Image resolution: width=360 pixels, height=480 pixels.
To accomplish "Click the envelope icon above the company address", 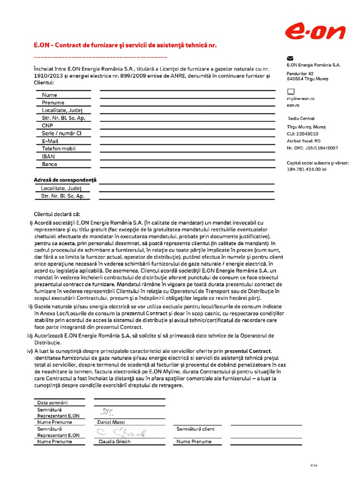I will click(x=290, y=58).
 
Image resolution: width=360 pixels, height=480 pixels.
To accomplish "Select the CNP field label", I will click(x=47, y=126).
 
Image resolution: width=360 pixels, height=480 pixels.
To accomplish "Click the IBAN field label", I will click(x=48, y=157).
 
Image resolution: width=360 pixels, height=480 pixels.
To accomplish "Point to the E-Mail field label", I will click(x=50, y=141).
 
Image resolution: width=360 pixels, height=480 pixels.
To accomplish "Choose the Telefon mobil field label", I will click(x=59, y=149).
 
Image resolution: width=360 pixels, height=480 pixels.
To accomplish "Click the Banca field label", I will click(x=49, y=164).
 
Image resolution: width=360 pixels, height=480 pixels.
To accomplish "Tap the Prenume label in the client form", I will click(x=53, y=103).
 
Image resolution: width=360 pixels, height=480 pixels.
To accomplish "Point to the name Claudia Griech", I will click(x=114, y=441).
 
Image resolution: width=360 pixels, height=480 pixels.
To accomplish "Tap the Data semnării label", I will click(x=52, y=402).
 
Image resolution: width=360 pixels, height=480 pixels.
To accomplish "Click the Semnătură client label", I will click(x=195, y=429).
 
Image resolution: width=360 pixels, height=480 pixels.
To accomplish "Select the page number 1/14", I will click(x=314, y=465).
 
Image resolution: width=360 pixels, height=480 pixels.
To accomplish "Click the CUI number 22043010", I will click(x=309, y=134).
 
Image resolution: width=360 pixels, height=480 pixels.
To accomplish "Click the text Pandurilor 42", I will click(x=300, y=74).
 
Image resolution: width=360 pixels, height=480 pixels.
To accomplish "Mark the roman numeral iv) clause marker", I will click(x=30, y=351).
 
